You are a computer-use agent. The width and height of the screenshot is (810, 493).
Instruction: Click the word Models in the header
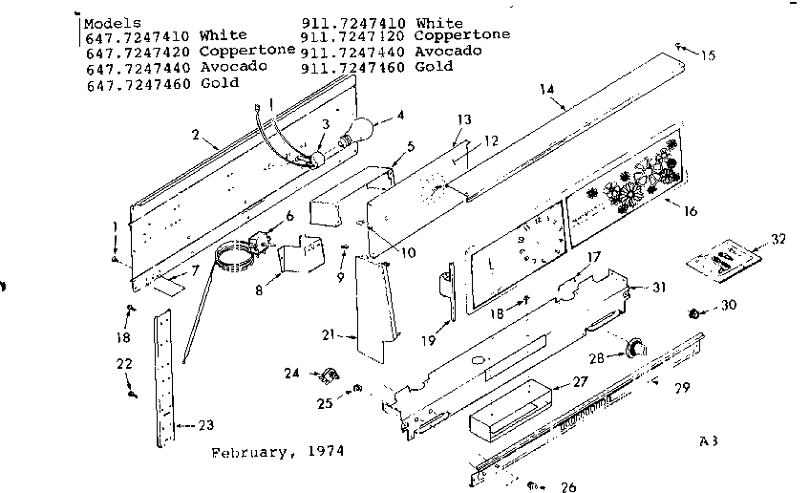[113, 21]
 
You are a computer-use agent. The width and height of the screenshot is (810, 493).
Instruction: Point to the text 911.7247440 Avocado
[391, 51]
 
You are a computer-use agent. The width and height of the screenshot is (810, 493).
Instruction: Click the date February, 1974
[277, 449]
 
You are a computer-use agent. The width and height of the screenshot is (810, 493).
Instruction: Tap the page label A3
[707, 440]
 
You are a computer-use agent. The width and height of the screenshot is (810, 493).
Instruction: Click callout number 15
[705, 54]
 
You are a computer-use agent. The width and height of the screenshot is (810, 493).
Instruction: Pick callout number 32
[778, 239]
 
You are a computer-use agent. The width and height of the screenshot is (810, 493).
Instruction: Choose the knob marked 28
[632, 346]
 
